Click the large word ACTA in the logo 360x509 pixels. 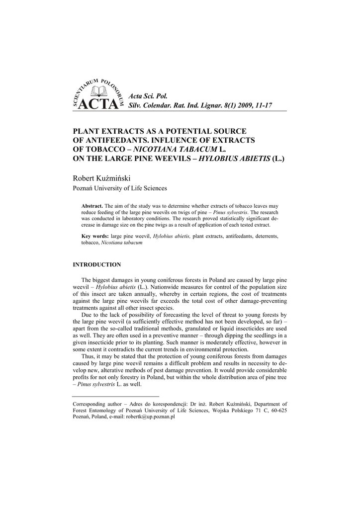tap(99, 104)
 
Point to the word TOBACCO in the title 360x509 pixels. tap(101, 149)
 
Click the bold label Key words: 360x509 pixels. tap(94, 236)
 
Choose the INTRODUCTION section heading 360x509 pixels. tap(97, 264)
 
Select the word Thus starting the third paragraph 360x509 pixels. tap(88, 357)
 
